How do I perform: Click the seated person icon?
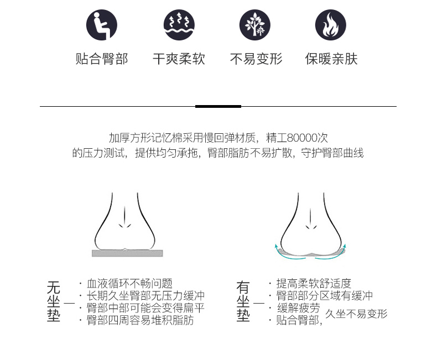tap(102, 25)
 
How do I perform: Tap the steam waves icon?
tap(179, 25)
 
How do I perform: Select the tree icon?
tap(254, 25)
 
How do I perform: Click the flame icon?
tap(331, 25)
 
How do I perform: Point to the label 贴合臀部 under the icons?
tap(102, 59)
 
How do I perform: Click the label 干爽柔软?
tap(179, 59)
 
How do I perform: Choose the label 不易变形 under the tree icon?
tap(256, 59)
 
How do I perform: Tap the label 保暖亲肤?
tap(331, 59)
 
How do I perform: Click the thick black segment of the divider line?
tap(218, 106)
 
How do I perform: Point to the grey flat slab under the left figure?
tap(127, 253)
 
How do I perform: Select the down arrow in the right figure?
tap(310, 219)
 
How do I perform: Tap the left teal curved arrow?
tap(287, 254)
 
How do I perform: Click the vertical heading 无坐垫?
tap(54, 301)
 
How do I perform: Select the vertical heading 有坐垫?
tap(243, 301)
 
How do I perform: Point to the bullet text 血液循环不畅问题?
tap(129, 283)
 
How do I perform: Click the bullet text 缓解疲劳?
tap(299, 308)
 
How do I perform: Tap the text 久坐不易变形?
tap(356, 314)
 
